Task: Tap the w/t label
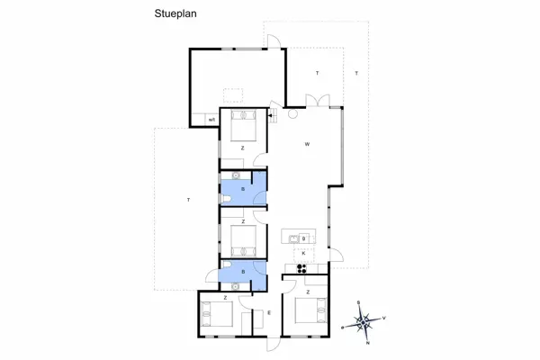coord(211,119)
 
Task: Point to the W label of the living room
coord(307,144)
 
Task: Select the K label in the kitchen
coord(304,253)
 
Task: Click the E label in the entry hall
coord(269,312)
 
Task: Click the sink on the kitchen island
coord(292,238)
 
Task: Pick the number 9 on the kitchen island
coord(304,238)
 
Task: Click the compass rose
coord(364,320)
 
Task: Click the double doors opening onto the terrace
coord(311,99)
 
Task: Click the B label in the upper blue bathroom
coord(243,190)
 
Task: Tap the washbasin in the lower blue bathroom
coord(236,283)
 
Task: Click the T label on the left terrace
coord(187,199)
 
